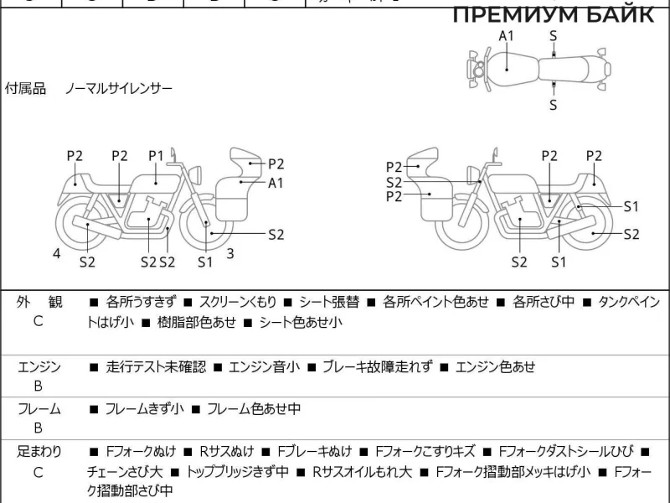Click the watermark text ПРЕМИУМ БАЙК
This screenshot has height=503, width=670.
(x=553, y=15)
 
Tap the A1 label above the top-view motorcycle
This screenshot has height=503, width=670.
(x=507, y=35)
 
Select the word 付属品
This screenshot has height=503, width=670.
(x=26, y=88)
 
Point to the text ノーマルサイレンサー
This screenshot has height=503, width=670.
(x=120, y=88)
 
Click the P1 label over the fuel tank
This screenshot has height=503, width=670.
(x=156, y=155)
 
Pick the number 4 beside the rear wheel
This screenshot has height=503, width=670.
(x=57, y=253)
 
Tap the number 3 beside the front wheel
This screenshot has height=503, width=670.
(x=229, y=253)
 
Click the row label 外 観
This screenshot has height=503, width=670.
(x=39, y=302)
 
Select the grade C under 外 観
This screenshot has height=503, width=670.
(x=39, y=321)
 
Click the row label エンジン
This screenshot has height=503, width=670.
(x=39, y=366)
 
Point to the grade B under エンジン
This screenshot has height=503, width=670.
(x=39, y=386)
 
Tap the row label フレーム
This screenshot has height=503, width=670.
(x=39, y=409)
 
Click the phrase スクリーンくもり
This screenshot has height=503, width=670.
(x=238, y=302)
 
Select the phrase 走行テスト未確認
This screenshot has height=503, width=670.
(x=157, y=366)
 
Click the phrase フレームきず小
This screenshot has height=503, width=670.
(x=144, y=409)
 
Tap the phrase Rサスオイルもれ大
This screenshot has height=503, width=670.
(x=362, y=472)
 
